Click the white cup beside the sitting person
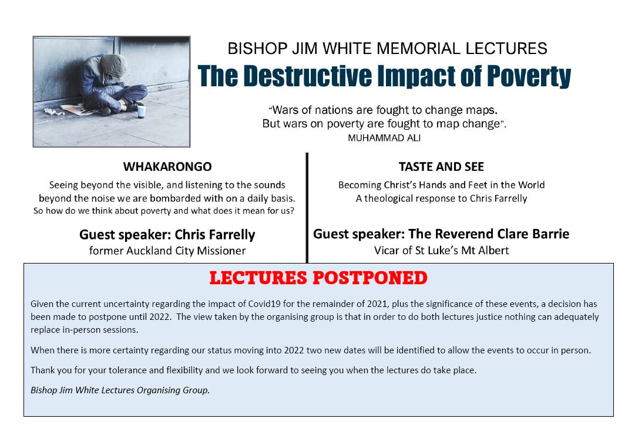(141, 110)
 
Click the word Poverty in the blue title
(529, 76)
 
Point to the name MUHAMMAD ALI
(384, 138)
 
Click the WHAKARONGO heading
(167, 167)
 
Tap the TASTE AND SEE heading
(441, 167)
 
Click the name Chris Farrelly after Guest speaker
(215, 235)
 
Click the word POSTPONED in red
(369, 278)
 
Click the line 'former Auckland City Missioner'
(167, 251)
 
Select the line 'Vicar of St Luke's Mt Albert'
(441, 251)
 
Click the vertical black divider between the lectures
(307, 208)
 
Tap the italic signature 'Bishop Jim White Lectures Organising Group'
(120, 390)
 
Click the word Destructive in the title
(308, 76)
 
